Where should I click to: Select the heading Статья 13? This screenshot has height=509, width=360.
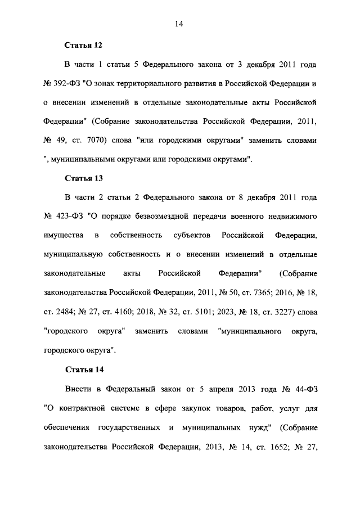click(83, 178)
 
